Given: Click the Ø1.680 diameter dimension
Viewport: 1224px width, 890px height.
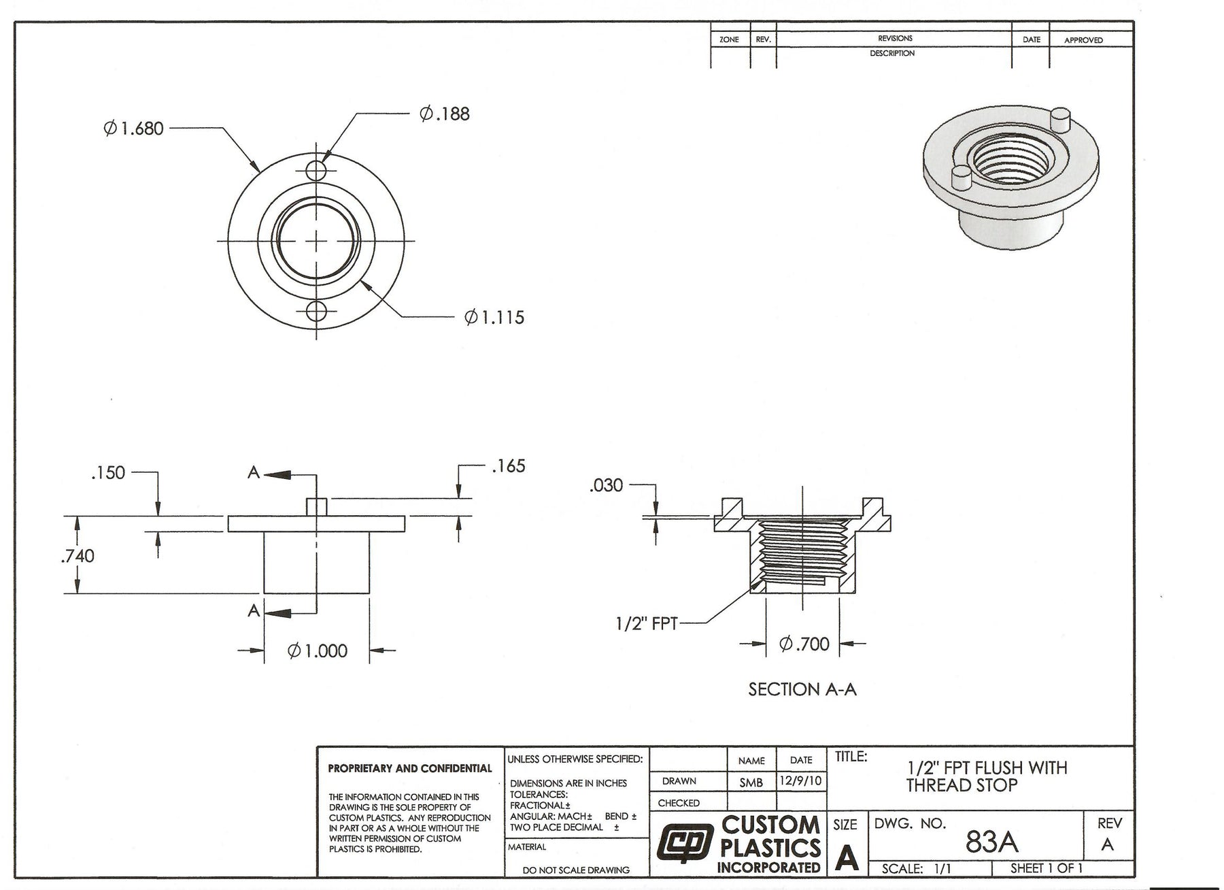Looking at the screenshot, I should [134, 128].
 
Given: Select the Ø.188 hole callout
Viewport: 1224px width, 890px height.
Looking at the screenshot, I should [445, 114].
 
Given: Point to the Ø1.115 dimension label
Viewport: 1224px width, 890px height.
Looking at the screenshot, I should [494, 317].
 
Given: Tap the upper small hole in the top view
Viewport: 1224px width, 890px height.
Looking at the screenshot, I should [316, 169].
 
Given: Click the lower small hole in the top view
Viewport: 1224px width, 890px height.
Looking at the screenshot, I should [316, 312].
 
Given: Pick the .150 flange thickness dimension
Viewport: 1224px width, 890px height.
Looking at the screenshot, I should [108, 473].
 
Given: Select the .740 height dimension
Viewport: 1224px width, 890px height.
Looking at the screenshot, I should [78, 556].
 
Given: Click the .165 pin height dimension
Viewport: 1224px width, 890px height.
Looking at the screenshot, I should [509, 466].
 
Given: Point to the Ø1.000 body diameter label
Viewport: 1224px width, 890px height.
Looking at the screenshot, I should [318, 651].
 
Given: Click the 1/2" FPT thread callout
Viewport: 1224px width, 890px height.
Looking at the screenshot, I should [646, 623].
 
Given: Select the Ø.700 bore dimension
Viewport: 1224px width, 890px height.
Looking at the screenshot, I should [804, 644].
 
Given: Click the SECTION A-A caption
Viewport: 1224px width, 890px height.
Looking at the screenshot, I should [802, 689].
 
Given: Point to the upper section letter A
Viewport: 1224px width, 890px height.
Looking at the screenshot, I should [254, 473].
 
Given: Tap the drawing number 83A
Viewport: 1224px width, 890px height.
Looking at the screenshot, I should [991, 842].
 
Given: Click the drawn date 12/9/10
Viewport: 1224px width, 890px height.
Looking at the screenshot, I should [801, 781].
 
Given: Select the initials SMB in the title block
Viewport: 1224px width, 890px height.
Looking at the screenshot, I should [751, 782].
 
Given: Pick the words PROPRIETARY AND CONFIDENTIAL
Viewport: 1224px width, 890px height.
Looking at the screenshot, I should [410, 769].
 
